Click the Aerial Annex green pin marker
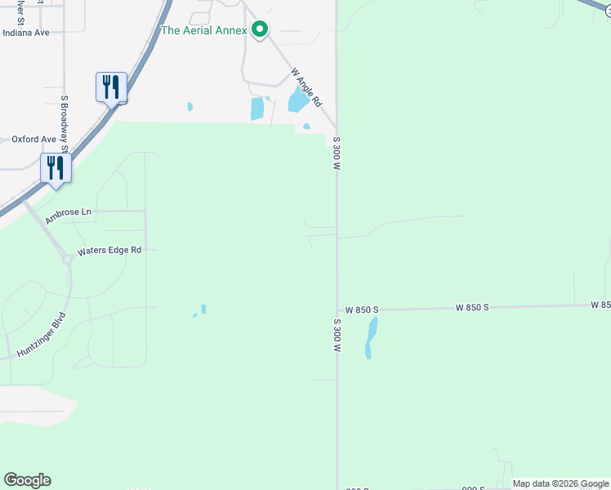pos(260,30)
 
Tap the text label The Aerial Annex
pos(203,30)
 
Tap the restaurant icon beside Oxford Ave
pos(56,168)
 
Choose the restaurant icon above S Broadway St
pos(111,87)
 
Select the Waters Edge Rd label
pos(109,251)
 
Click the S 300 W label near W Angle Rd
pos(336,153)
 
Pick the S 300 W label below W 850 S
pos(336,336)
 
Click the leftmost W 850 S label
pos(361,310)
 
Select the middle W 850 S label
pos(472,308)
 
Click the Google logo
pos(27,480)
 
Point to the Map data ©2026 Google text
pos(560,483)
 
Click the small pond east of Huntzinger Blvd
pos(203,309)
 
